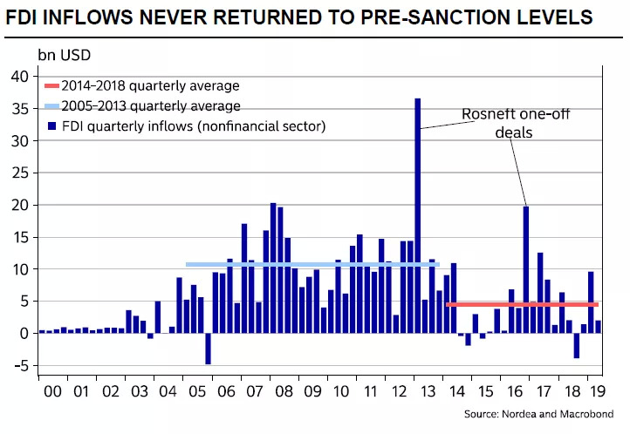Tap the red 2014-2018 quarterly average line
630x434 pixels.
pyautogui.click(x=521, y=305)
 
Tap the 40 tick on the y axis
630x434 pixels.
pyautogui.click(x=21, y=77)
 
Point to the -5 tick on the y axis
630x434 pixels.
pyautogui.click(x=21, y=365)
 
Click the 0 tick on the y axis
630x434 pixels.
pyautogui.click(x=25, y=333)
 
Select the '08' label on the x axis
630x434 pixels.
pyautogui.click(x=284, y=392)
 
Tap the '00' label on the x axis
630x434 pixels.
pyautogui.click(x=53, y=392)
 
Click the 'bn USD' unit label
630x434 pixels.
pyautogui.click(x=64, y=55)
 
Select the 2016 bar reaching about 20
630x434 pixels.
pyautogui.click(x=526, y=269)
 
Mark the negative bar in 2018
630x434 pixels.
pyautogui.click(x=577, y=345)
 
